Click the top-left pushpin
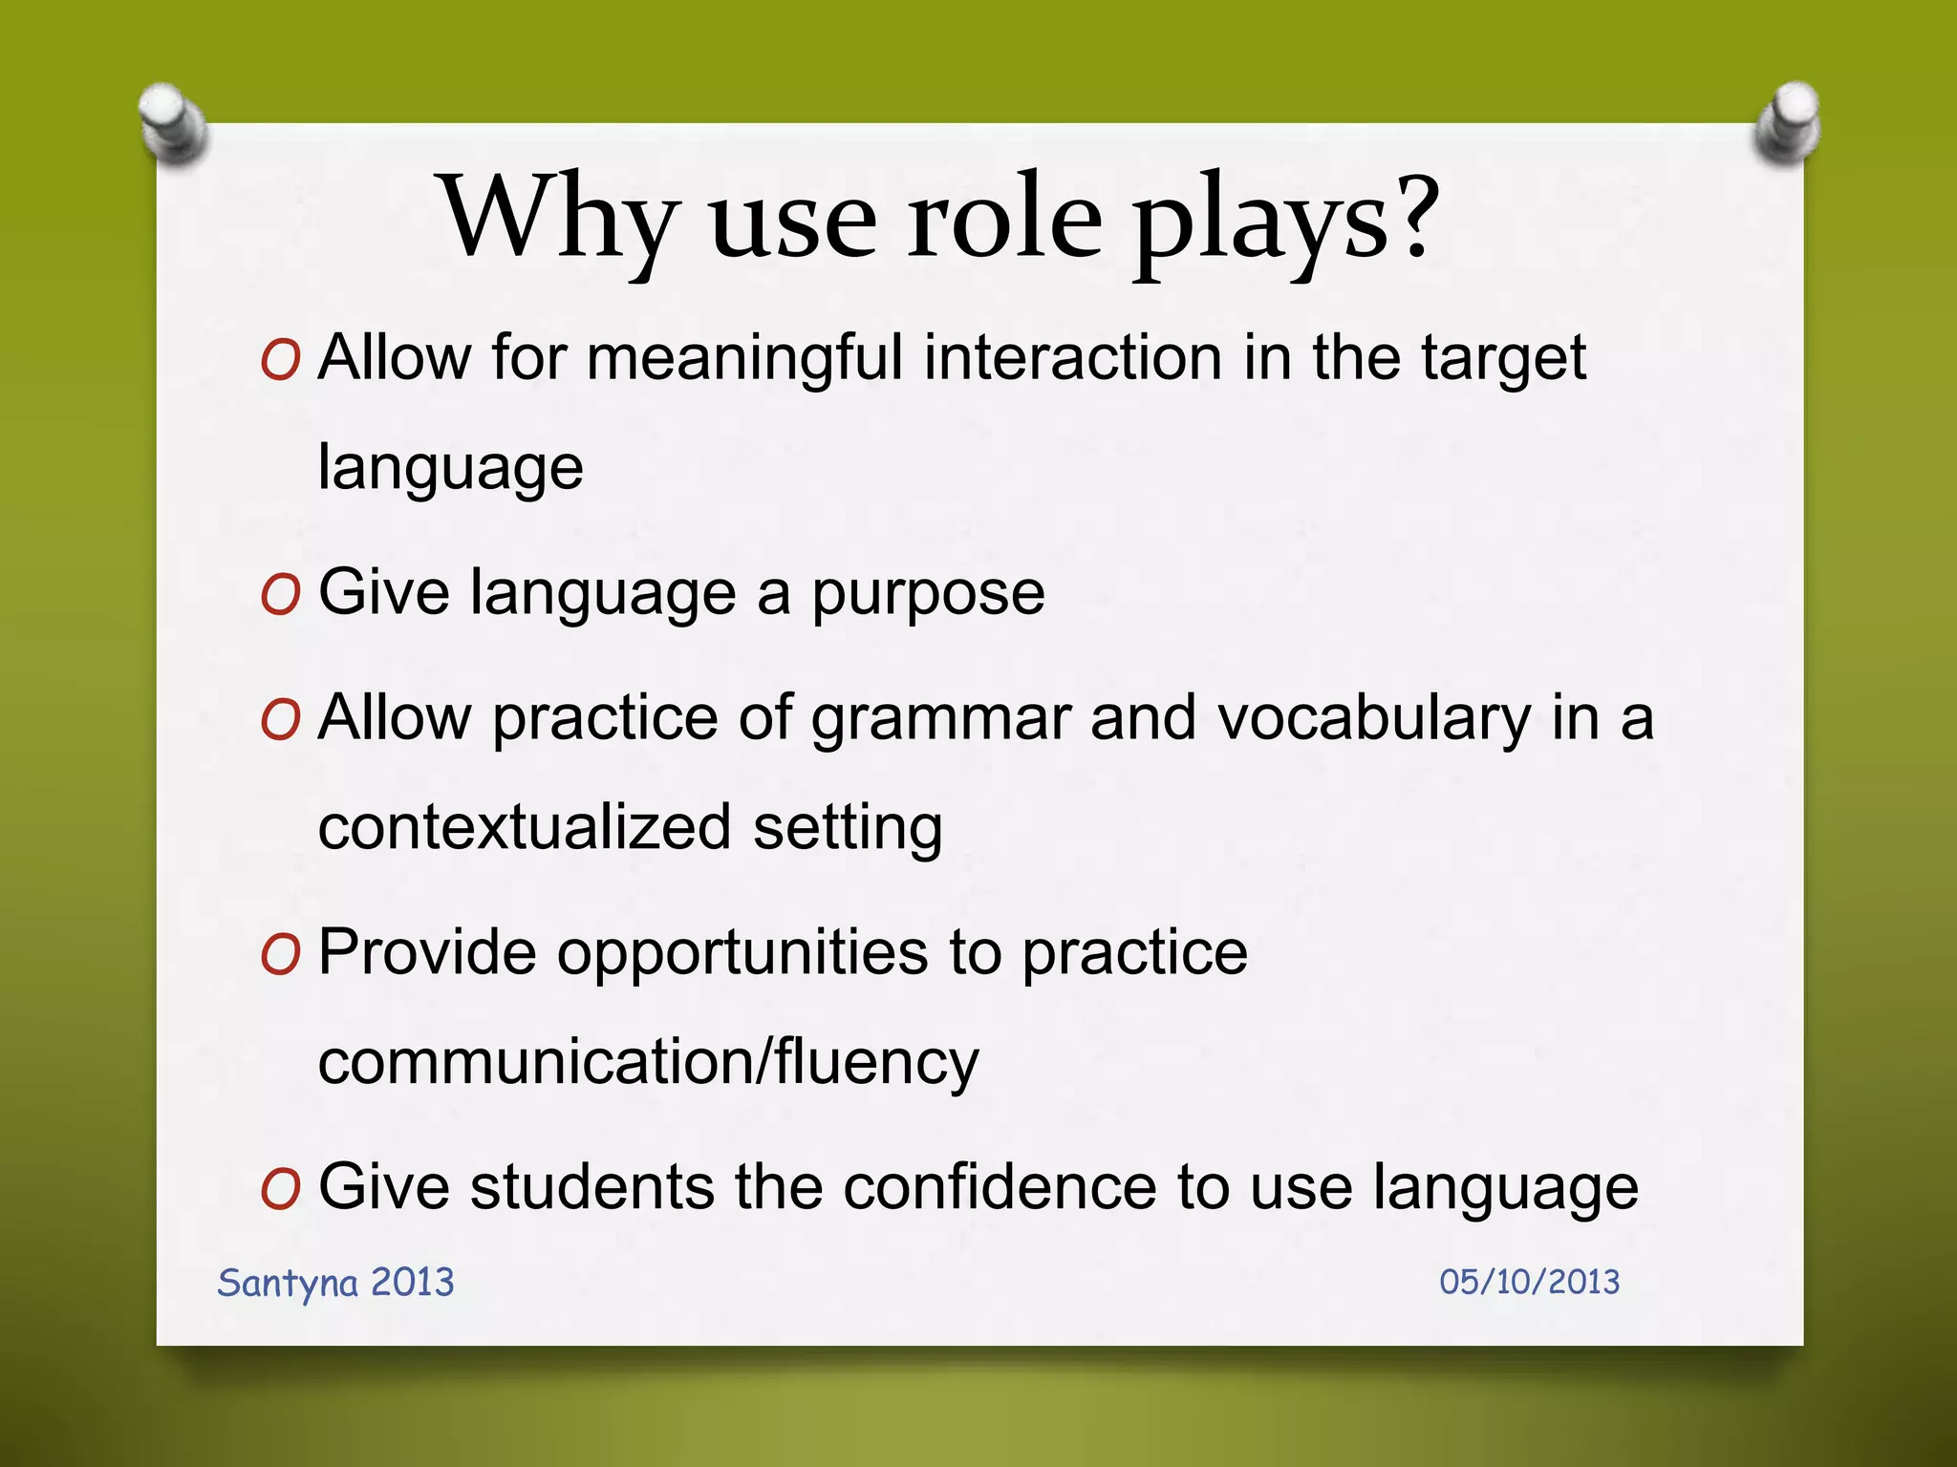pos(173,123)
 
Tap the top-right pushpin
pos(1788,123)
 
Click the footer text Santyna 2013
pos(335,1283)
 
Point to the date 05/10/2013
pos(1529,1282)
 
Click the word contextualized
pos(524,827)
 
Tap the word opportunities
pos(742,954)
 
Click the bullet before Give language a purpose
pos(280,597)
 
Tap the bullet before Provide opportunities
pos(280,954)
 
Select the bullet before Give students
pos(280,1190)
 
